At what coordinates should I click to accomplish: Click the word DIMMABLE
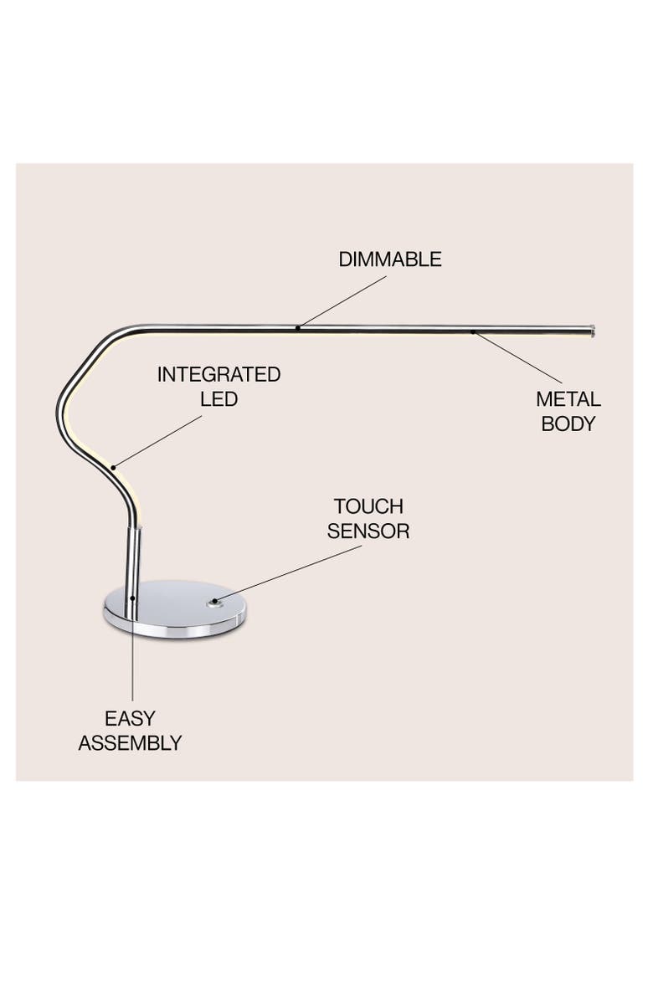(x=389, y=259)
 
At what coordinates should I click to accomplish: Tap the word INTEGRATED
(x=219, y=374)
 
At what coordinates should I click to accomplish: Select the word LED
(x=219, y=399)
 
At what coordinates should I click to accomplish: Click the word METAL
(x=568, y=399)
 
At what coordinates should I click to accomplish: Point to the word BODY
(x=568, y=423)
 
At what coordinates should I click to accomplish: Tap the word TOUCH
(x=368, y=506)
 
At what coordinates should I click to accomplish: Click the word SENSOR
(x=368, y=531)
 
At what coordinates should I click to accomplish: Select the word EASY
(x=130, y=718)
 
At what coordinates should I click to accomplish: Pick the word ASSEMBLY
(x=130, y=742)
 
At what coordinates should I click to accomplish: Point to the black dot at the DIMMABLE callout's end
(x=298, y=327)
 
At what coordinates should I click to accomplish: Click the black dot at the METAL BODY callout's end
(x=473, y=332)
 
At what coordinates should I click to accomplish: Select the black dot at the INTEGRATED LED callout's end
(x=114, y=465)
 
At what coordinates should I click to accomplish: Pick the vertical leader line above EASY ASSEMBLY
(x=132, y=661)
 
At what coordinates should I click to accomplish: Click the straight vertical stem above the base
(x=135, y=557)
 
